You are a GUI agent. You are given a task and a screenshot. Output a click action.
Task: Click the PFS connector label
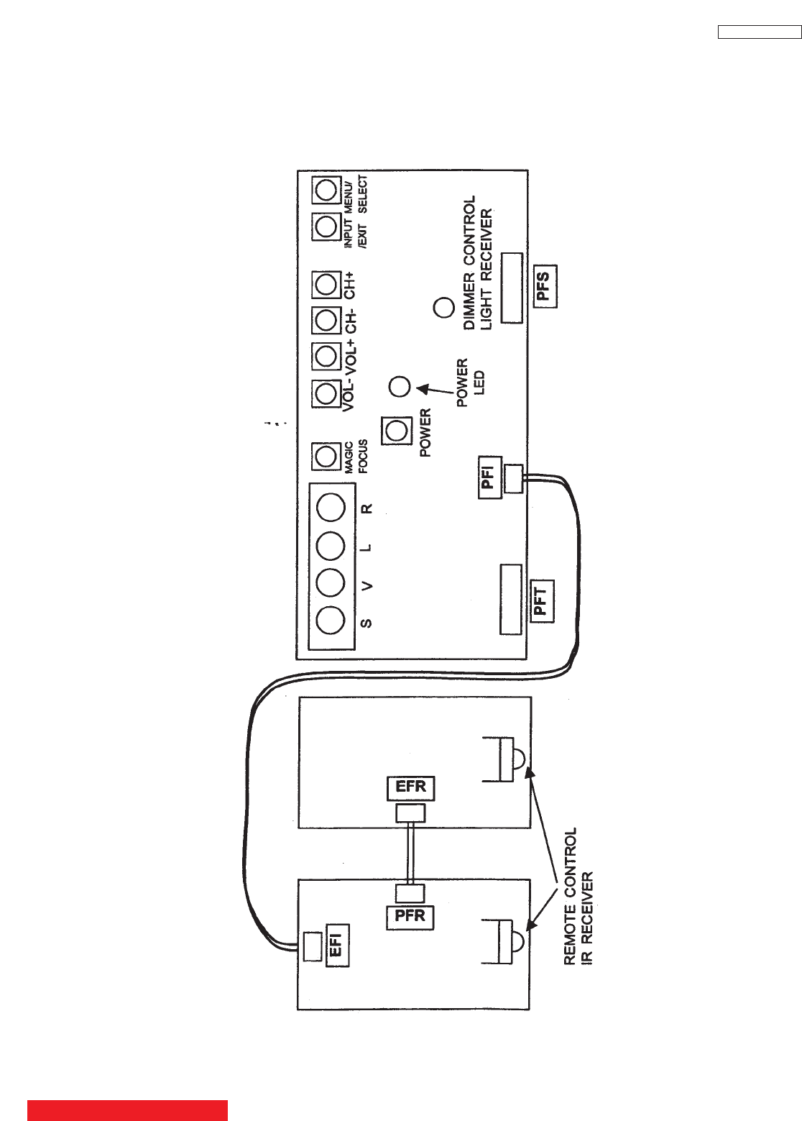(544, 286)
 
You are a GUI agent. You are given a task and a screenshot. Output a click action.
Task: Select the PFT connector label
(541, 601)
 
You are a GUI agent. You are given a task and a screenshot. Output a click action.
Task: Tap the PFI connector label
(489, 477)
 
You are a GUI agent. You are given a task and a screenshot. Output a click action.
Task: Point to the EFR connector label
(410, 787)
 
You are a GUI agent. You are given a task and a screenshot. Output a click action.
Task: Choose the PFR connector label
(410, 917)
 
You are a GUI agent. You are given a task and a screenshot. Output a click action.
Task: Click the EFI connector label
(336, 944)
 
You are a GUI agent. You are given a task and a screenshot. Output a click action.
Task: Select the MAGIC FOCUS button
(326, 456)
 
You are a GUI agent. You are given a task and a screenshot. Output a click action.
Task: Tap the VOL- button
(326, 393)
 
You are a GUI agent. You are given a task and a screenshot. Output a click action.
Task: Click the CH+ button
(326, 285)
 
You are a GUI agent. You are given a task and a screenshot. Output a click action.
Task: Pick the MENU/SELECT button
(326, 191)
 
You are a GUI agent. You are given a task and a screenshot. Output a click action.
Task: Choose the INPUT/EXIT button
(326, 227)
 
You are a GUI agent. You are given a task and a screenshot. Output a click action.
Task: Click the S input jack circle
(331, 620)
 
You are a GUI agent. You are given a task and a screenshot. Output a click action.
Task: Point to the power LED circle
(399, 387)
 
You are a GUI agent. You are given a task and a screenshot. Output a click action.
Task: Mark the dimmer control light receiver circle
(444, 308)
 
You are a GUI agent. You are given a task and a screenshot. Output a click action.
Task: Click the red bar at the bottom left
(127, 1109)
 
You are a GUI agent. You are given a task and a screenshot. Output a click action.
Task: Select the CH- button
(326, 320)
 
